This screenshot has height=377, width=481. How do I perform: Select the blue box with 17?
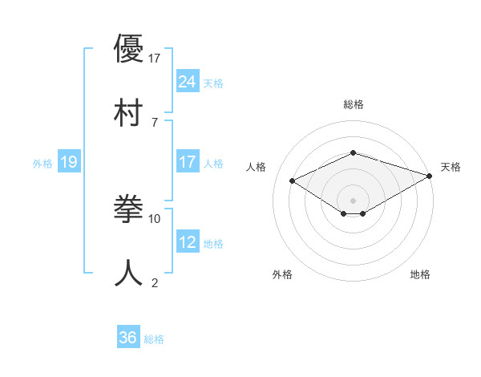point(188,162)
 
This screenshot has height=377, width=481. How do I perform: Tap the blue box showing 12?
point(188,242)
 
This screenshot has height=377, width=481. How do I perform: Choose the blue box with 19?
point(69,162)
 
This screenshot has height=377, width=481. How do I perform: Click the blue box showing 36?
point(128,338)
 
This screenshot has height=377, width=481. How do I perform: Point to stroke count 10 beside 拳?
point(155,218)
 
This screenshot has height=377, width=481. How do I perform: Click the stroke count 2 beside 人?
point(155,282)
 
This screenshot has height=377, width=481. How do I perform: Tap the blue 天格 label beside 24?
point(213,83)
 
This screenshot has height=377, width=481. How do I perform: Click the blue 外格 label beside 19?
point(42,164)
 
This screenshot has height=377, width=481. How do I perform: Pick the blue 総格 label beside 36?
point(154,339)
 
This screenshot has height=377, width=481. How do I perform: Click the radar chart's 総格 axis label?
point(354,104)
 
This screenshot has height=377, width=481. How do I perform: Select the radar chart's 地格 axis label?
point(420,274)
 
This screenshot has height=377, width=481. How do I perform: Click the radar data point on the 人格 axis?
point(293,180)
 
